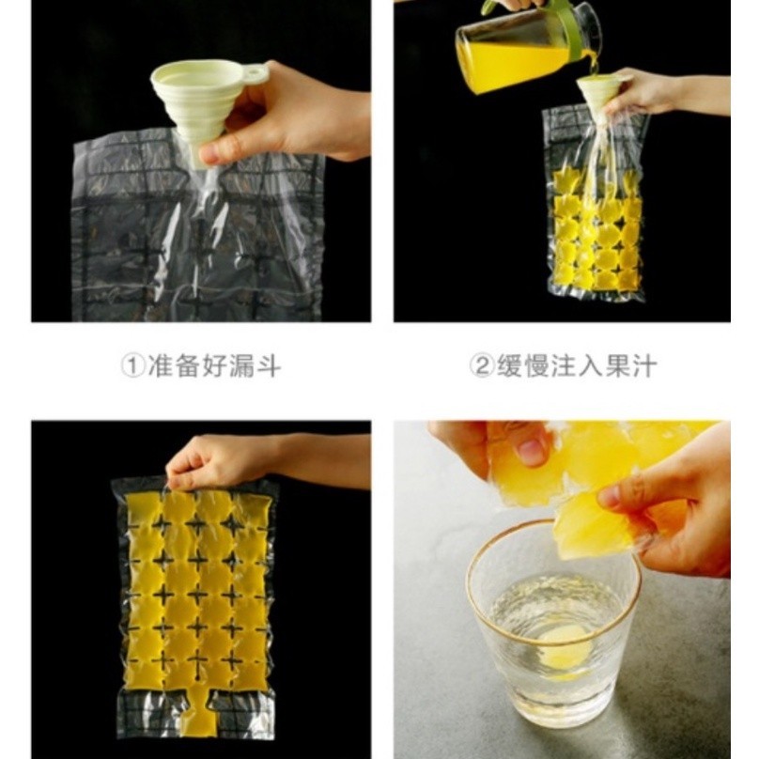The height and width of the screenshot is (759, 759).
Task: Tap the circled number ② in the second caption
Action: pos(482,366)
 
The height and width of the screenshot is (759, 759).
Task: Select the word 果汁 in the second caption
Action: pos(630,366)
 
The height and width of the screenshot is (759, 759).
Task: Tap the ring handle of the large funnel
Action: pos(256,73)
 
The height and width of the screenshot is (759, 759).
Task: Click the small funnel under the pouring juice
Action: pos(596,93)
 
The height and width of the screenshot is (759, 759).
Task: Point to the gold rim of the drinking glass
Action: pos(553,523)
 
